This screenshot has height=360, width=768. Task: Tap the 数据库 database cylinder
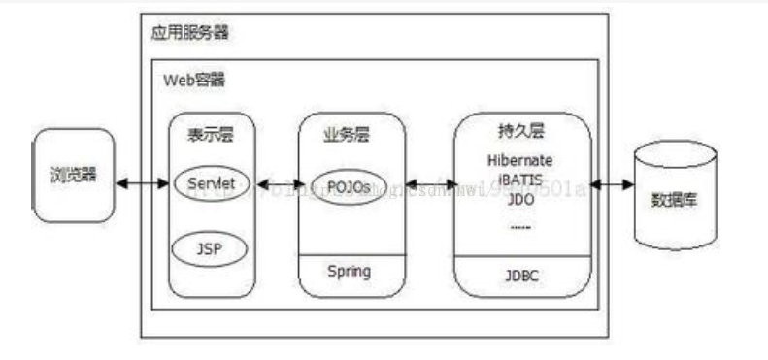point(676,198)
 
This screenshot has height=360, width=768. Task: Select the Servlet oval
point(211,182)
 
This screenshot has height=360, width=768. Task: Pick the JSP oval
point(211,248)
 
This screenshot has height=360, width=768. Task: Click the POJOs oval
point(348,185)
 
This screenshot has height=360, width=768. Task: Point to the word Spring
point(348,271)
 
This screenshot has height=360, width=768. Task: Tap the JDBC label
point(521,276)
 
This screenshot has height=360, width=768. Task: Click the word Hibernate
point(520,160)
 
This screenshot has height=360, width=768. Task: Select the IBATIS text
point(520,180)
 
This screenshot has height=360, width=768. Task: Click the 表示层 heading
point(211,136)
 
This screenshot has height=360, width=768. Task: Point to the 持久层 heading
point(521,132)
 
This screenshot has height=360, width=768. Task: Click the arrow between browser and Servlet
point(142,182)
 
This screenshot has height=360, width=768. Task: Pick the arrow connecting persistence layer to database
point(610,184)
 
